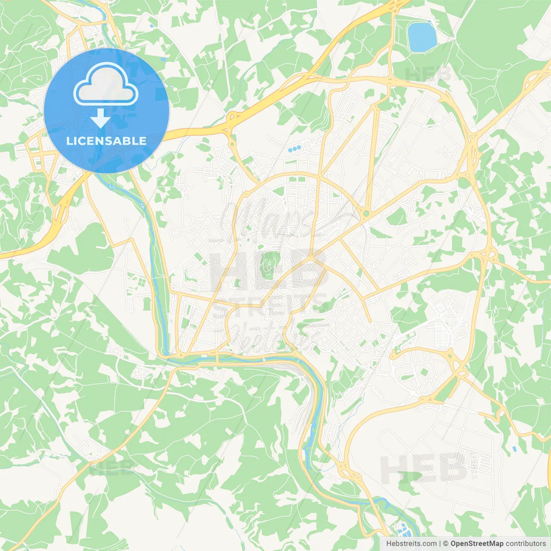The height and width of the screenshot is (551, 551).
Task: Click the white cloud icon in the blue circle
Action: click(x=106, y=84)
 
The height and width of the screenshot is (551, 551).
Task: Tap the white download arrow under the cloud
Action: click(x=100, y=118)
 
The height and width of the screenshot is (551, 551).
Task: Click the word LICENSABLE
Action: click(x=106, y=141)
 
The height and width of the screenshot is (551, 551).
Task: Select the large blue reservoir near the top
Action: click(x=421, y=37)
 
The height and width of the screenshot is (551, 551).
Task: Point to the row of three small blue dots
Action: click(x=294, y=149)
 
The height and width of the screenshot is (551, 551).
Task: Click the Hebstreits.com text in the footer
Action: click(x=411, y=544)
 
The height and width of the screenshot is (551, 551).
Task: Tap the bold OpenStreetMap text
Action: click(x=477, y=544)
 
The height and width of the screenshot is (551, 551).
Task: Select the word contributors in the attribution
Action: click(x=526, y=544)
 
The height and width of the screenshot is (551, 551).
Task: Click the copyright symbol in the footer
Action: click(x=446, y=544)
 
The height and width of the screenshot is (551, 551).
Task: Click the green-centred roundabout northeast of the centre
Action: click(x=366, y=214)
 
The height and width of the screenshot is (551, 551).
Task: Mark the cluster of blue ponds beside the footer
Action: click(x=401, y=528)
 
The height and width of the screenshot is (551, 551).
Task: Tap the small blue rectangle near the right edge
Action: click(x=514, y=449)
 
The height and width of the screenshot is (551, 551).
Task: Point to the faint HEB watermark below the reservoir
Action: click(x=428, y=74)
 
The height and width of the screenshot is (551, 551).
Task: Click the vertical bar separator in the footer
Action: click(x=440, y=544)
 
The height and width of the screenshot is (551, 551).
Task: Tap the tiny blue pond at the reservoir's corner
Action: click(x=429, y=21)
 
